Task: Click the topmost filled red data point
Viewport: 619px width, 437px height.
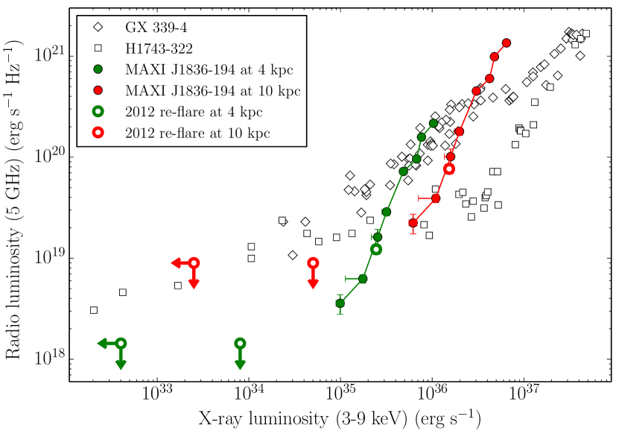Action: pos(507,43)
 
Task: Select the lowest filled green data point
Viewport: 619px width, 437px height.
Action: pos(340,303)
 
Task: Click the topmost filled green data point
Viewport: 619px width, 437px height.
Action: pos(434,123)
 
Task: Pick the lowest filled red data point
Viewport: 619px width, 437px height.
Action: pos(413,223)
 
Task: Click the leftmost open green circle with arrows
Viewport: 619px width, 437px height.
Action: pos(121,343)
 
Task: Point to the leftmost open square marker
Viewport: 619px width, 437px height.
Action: pos(94,309)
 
